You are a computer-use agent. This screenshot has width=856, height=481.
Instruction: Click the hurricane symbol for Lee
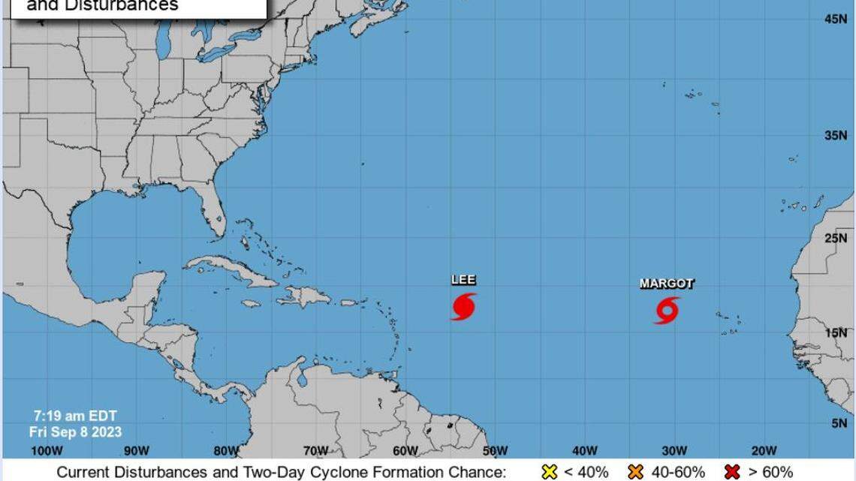(463, 306)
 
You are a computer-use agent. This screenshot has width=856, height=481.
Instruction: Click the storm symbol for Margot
(667, 310)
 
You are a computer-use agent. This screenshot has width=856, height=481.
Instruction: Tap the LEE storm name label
(463, 280)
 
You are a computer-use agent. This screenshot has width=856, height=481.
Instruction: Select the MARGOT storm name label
(667, 284)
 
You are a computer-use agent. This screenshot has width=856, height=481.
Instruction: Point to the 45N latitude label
(835, 19)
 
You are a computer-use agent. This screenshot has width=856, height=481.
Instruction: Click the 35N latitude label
(835, 136)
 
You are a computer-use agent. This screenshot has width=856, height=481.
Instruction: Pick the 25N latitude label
(835, 239)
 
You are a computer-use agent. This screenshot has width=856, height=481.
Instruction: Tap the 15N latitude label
(835, 332)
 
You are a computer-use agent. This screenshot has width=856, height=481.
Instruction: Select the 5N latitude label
(838, 423)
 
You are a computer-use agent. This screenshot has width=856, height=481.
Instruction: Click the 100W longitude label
(46, 450)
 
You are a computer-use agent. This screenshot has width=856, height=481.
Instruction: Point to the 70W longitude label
(315, 450)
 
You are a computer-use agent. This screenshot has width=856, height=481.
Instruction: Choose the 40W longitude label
(584, 450)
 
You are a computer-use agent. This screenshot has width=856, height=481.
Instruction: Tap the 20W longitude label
(764, 450)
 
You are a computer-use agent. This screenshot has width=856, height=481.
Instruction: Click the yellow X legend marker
(549, 472)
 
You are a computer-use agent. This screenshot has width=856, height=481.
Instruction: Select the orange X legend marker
(636, 472)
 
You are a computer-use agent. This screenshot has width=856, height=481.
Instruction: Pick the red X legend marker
(732, 472)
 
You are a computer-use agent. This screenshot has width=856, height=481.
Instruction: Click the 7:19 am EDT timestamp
(75, 416)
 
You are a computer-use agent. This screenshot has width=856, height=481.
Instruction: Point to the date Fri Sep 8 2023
(75, 431)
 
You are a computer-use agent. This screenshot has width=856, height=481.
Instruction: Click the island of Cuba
(225, 269)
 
